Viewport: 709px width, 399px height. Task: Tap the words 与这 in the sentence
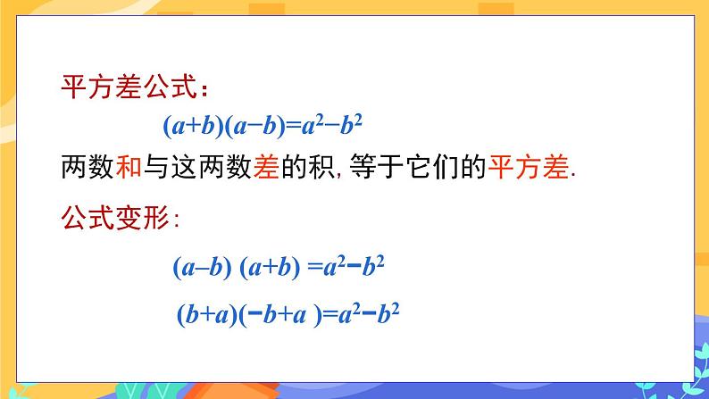pos(180,168)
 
